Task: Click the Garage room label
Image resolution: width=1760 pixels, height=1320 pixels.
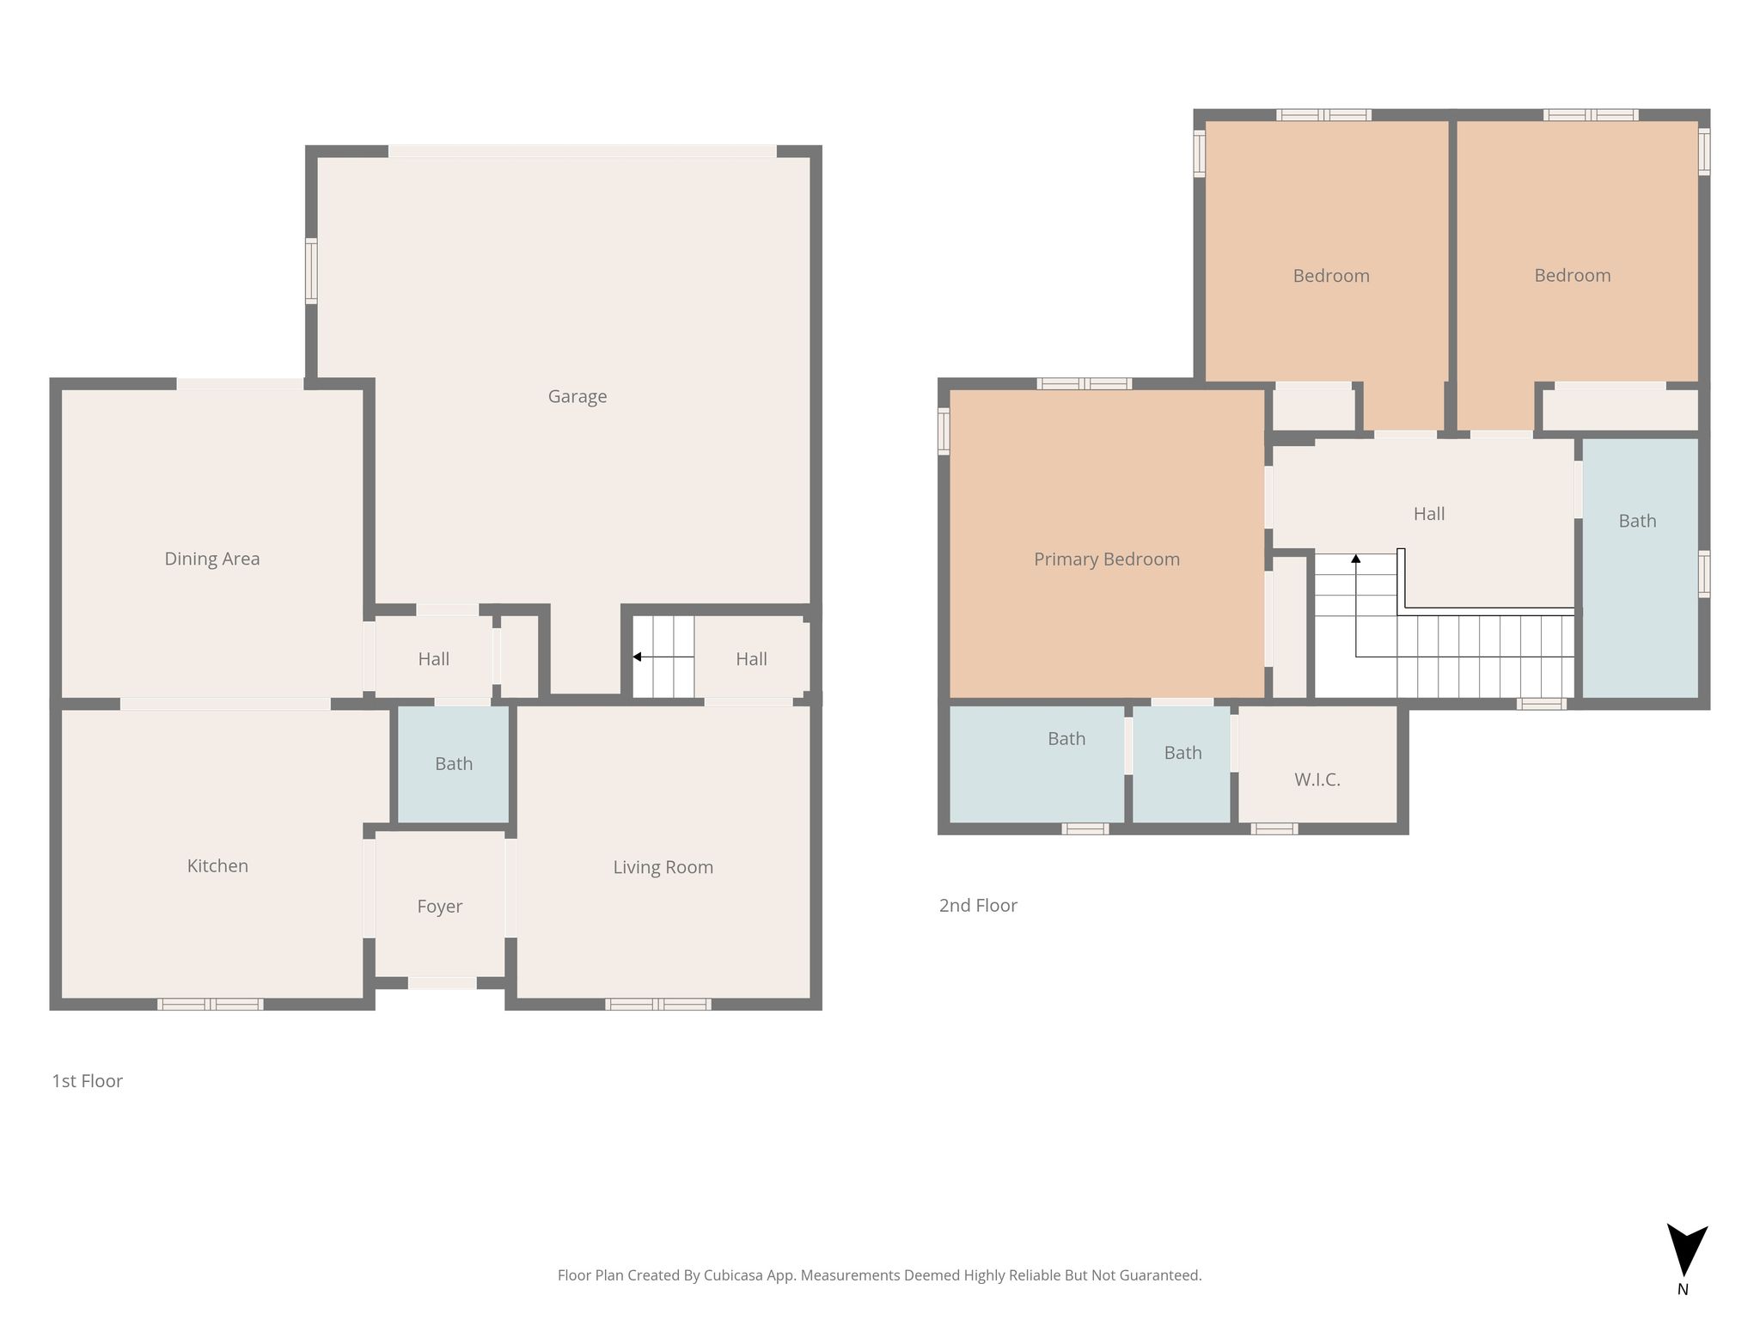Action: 577,397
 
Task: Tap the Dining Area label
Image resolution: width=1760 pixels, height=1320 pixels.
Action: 212,559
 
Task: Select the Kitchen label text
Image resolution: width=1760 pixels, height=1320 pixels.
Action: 217,865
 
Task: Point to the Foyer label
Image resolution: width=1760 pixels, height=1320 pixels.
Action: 439,907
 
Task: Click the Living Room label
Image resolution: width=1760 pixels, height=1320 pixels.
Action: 663,867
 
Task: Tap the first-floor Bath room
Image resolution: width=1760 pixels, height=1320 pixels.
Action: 454,764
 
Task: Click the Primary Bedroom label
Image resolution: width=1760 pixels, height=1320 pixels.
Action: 1107,559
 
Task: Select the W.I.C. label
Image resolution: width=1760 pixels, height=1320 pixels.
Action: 1317,779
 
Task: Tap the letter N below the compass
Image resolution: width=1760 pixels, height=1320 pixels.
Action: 1683,1289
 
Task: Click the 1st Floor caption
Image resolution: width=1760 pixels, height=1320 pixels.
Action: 88,1081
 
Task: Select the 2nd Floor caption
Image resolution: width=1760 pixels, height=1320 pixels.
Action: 978,905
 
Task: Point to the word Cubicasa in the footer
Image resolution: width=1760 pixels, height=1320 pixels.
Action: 736,1275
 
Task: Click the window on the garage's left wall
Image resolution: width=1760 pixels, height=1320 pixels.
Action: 311,271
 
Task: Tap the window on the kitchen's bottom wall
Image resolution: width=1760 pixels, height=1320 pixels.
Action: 211,1004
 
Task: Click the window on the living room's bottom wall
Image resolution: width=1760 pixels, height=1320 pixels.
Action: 658,1004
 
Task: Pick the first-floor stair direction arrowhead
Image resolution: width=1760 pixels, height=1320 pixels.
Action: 637,657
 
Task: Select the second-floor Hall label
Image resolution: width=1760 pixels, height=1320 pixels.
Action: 1429,514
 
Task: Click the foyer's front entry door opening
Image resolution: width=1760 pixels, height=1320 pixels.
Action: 442,983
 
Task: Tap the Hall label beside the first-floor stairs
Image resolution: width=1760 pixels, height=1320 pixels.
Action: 751,659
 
